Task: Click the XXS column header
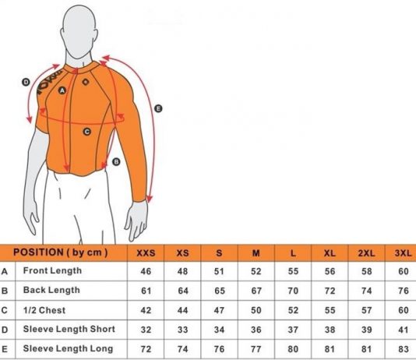pos(146,252)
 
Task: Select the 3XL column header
pos(403,252)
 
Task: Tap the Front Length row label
pos(52,270)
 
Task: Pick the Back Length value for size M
pos(256,291)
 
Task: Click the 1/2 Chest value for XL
pos(330,310)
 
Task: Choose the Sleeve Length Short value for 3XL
pos(404,330)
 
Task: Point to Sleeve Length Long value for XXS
pos(146,349)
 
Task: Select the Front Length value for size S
pos(219,271)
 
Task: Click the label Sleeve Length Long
pos(68,348)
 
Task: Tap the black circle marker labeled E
pos(158,108)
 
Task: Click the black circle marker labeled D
pos(26,82)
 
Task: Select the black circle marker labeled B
pos(116,162)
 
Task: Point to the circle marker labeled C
pos(87,132)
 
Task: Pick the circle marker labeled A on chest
pos(62,90)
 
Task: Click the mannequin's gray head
pos(79,31)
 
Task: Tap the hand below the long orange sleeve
pos(136,220)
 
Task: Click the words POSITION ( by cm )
pos(61,252)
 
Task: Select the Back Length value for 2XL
pos(366,291)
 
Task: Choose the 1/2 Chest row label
pos(44,310)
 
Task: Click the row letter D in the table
pos(5,330)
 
